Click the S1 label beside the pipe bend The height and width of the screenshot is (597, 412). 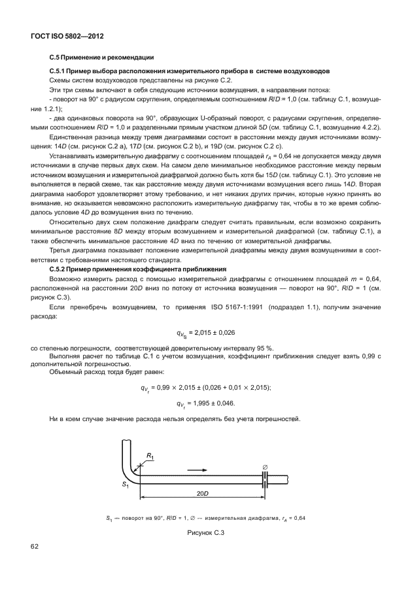click(x=125, y=485)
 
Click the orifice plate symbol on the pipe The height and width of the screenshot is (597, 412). click(x=266, y=479)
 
